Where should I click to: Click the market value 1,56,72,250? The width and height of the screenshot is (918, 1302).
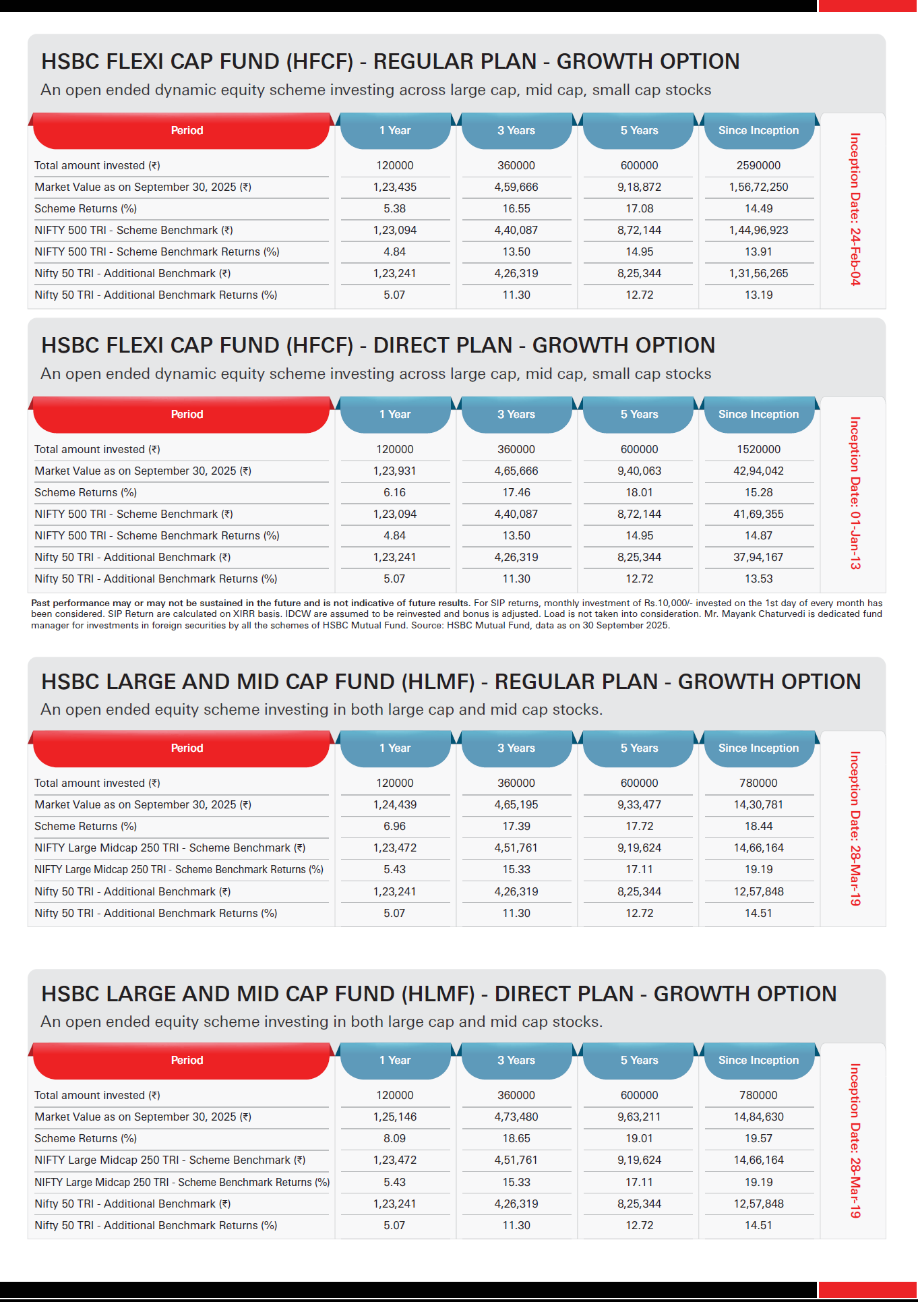tap(758, 187)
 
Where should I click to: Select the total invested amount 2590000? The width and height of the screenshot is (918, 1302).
tap(758, 165)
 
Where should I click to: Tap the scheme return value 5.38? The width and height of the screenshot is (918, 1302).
tap(394, 208)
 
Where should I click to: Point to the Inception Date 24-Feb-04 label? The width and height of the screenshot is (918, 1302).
tap(855, 209)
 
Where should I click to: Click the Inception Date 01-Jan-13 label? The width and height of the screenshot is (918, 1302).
tap(855, 493)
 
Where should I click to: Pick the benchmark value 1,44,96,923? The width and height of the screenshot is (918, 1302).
tap(758, 230)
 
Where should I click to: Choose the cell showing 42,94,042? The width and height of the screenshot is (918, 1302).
tap(758, 471)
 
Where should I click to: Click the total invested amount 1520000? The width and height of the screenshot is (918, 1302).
tap(758, 449)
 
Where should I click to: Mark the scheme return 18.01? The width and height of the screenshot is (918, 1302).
tap(639, 492)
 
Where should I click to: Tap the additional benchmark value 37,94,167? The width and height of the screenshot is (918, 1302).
tap(758, 557)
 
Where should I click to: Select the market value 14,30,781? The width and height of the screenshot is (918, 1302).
tap(758, 804)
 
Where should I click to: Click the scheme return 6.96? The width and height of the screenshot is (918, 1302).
tap(394, 826)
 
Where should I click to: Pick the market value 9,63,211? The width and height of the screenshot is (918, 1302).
tap(639, 1117)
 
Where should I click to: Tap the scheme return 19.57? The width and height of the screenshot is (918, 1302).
tap(758, 1138)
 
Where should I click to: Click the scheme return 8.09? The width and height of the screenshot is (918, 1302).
tap(394, 1138)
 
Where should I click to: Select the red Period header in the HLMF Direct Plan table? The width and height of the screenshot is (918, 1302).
tap(187, 1060)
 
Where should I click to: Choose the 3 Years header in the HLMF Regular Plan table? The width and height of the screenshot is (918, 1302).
tap(516, 748)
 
